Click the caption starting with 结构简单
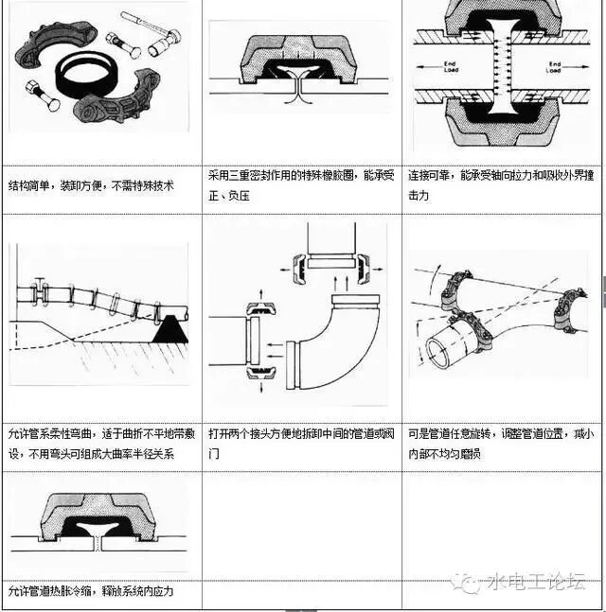pyautogui.click(x=91, y=185)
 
